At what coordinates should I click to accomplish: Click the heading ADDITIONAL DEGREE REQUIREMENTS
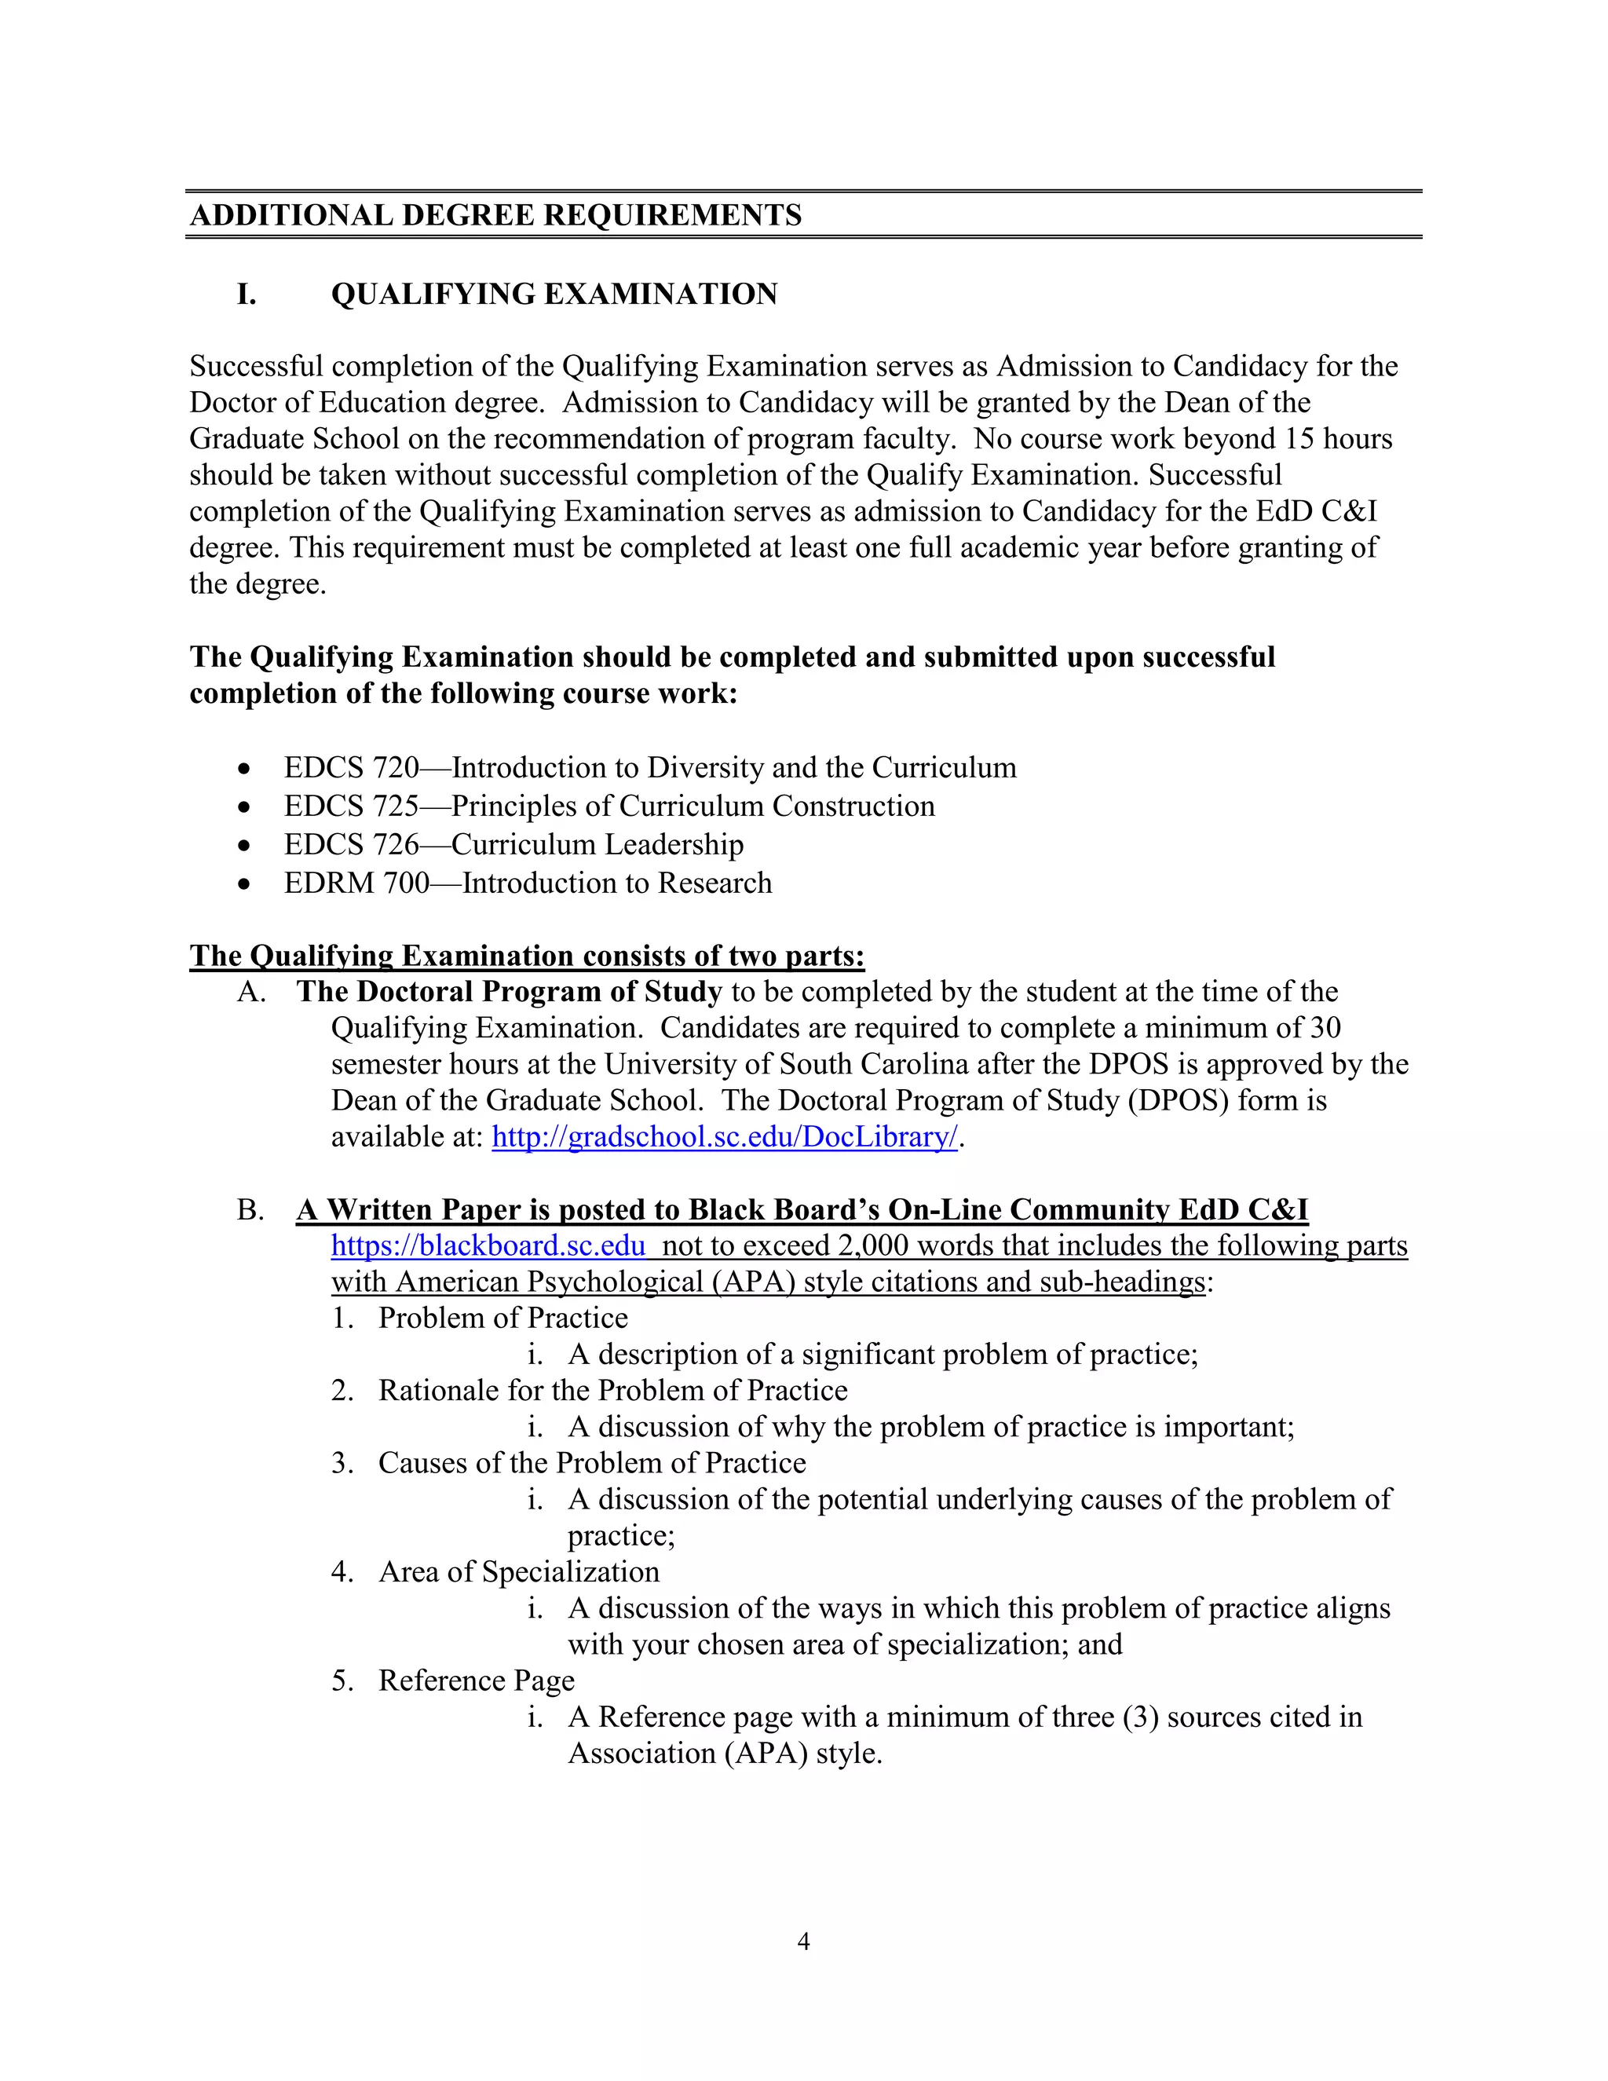click(x=495, y=215)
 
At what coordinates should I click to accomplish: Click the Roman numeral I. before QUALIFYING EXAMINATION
click(x=246, y=294)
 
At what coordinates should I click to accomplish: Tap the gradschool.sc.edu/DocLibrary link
click(x=724, y=1138)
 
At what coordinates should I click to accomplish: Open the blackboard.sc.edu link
click(x=488, y=1246)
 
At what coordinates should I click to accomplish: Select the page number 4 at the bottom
click(x=803, y=1942)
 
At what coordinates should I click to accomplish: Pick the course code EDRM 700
click(x=356, y=883)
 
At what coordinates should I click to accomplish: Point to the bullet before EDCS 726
click(x=246, y=846)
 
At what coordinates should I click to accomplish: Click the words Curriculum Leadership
click(x=598, y=845)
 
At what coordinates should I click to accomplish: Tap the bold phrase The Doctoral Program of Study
click(x=509, y=992)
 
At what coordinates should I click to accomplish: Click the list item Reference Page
click(x=477, y=1681)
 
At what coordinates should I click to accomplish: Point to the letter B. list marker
click(x=250, y=1211)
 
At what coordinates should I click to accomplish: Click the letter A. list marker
click(x=250, y=993)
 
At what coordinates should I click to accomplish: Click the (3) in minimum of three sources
click(x=1140, y=1717)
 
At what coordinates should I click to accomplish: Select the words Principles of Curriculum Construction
click(x=693, y=807)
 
